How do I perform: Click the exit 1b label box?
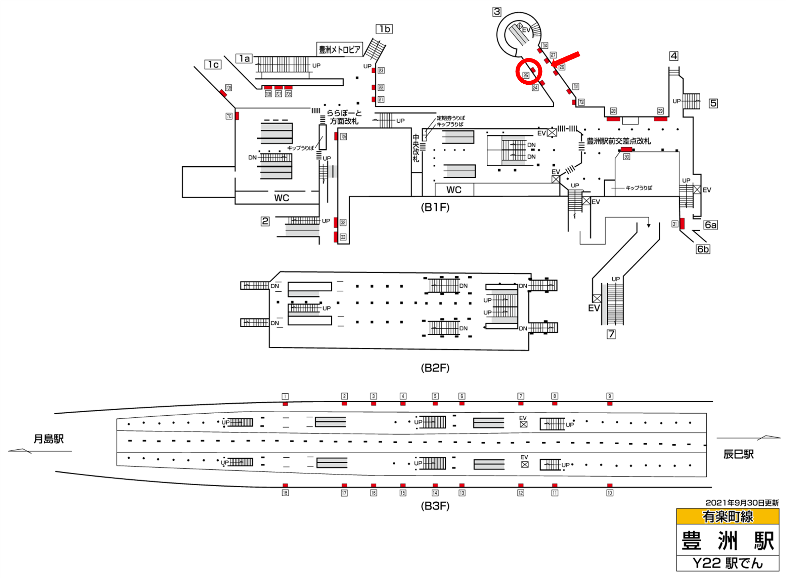(384, 29)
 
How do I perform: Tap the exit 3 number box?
(496, 12)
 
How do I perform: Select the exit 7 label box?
(611, 334)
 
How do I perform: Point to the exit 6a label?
(710, 225)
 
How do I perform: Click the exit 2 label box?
(265, 221)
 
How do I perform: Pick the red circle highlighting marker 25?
(528, 72)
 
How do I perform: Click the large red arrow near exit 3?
(565, 59)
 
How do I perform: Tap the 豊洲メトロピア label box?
(339, 49)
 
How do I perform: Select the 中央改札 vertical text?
(416, 148)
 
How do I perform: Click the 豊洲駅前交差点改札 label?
(618, 141)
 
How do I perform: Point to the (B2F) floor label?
(435, 368)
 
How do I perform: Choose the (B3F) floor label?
(435, 506)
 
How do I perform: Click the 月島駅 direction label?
(48, 439)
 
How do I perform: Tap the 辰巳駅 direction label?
(738, 454)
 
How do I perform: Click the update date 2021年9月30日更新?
(741, 503)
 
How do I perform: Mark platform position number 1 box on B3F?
(285, 397)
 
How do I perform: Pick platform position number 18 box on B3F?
(285, 493)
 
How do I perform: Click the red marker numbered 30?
(626, 150)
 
